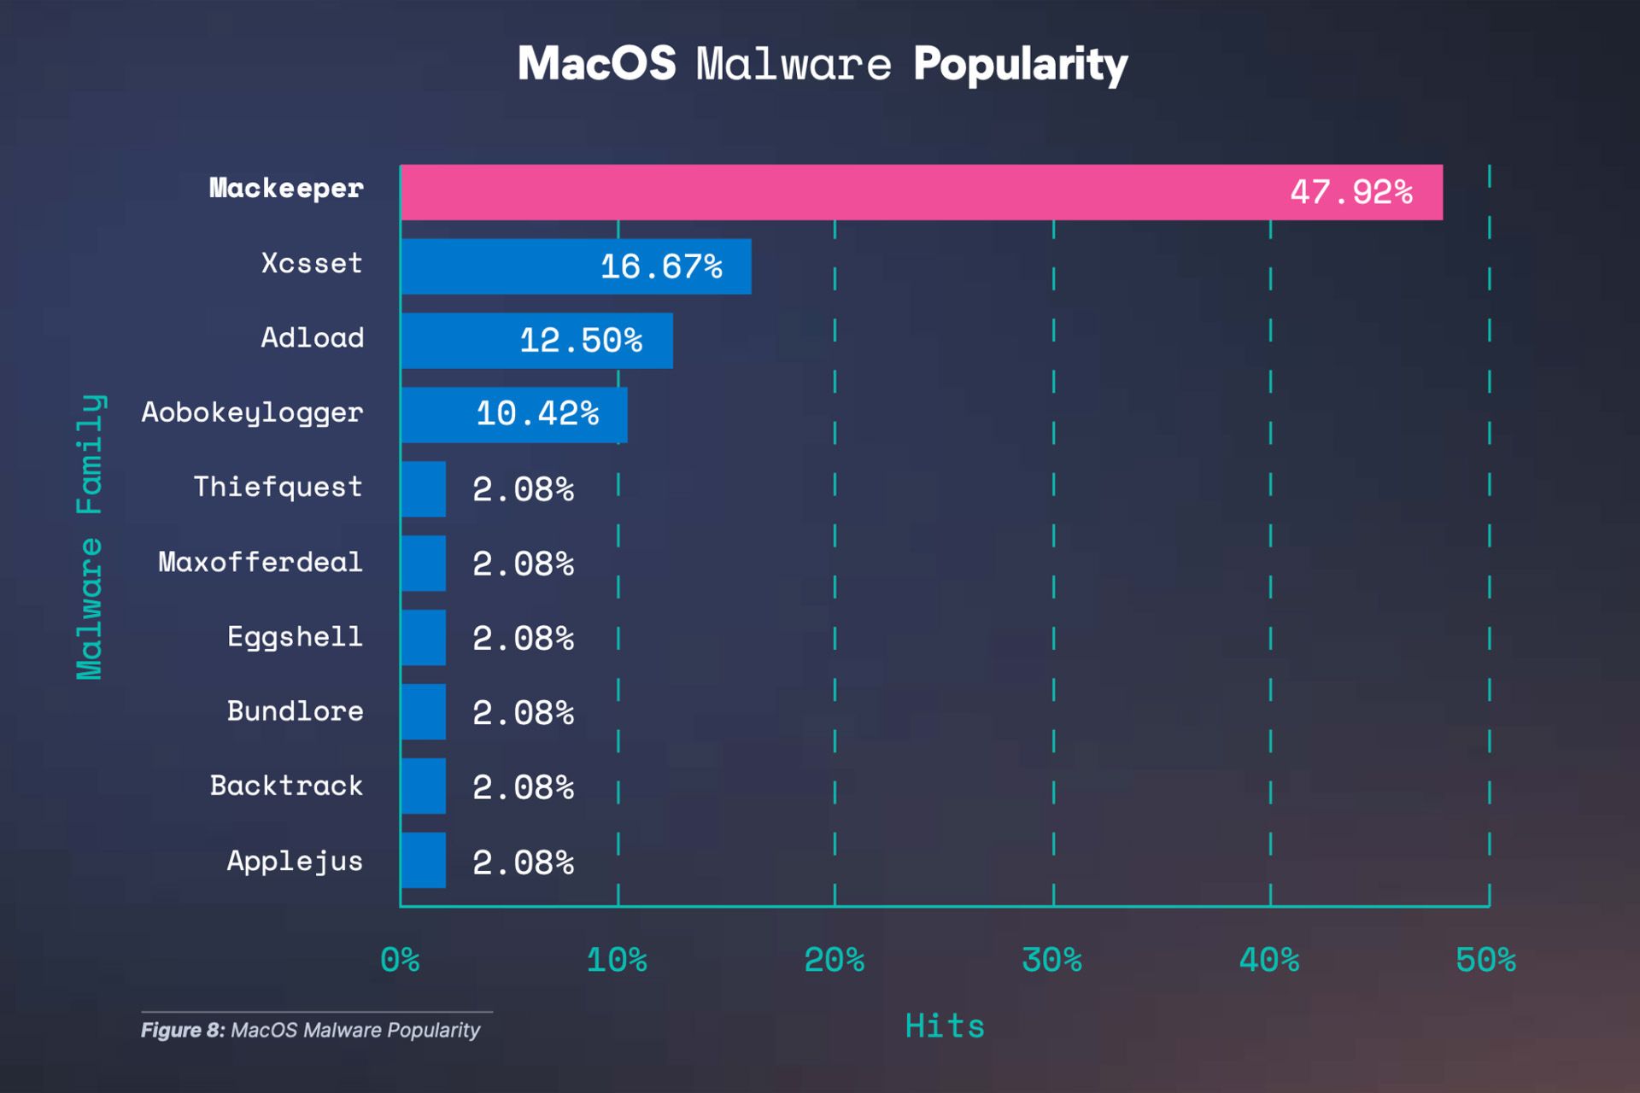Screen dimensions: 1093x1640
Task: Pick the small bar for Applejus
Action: pos(424,860)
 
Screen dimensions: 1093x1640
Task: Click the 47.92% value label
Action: pos(1350,192)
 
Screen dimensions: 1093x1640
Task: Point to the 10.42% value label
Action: pos(537,414)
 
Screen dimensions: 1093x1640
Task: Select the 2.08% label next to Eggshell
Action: pos(523,639)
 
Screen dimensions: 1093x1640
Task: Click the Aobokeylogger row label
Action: pos(253,412)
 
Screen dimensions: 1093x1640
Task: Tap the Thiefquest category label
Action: pos(278,487)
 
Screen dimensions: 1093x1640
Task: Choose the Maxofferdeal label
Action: pos(261,562)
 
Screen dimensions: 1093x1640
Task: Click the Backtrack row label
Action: pos(287,786)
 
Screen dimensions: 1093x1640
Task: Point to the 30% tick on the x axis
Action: pos(1051,961)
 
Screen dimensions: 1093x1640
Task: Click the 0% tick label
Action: pos(400,961)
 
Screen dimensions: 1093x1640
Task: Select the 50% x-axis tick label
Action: pos(1485,961)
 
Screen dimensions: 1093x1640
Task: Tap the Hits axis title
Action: pos(945,1026)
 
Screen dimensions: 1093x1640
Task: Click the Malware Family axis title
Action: pos(90,536)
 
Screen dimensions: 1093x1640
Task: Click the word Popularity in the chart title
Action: pos(1020,65)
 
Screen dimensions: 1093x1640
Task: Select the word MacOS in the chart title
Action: pos(596,64)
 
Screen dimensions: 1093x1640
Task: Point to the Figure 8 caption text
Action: pos(311,1030)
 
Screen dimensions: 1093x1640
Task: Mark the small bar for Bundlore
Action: pos(424,711)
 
